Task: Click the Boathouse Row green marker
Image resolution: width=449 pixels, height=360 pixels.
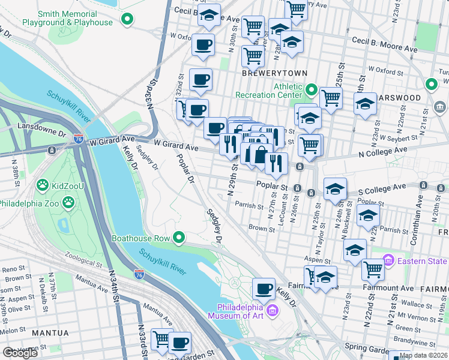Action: [179, 238]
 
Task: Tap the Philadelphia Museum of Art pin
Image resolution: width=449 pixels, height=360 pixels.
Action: [273, 310]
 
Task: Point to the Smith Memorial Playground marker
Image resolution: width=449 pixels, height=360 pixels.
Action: [127, 20]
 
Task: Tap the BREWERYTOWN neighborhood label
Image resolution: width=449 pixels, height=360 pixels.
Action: [274, 73]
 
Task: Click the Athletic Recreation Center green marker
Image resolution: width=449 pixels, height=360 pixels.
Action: [311, 91]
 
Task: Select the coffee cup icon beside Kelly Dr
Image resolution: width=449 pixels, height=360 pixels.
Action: [264, 289]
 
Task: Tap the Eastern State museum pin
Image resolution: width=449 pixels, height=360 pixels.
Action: [388, 260]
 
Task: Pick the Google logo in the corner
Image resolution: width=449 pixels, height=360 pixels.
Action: [20, 353]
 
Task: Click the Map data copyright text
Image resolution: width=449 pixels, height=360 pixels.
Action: [423, 355]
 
